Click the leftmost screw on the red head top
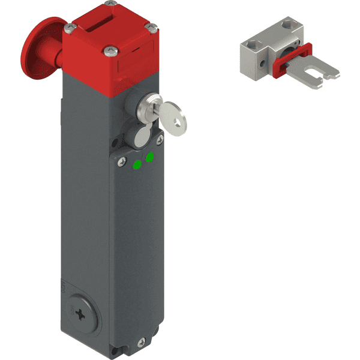click(71, 27)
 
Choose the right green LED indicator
click(149, 157)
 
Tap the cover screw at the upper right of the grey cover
click(160, 142)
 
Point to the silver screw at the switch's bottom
click(140, 343)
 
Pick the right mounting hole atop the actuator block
click(287, 26)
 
